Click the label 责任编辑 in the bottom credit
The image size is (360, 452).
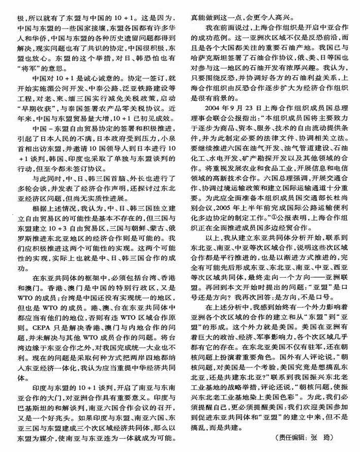[293, 438]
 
